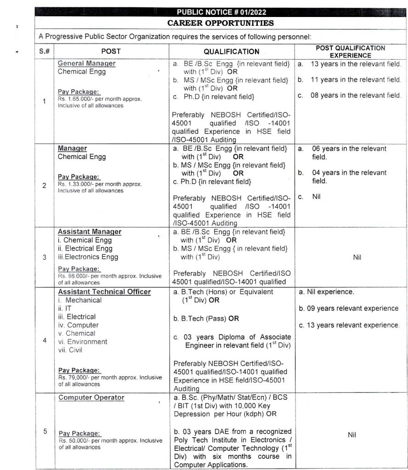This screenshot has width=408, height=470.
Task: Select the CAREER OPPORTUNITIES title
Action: pyautogui.click(x=220, y=23)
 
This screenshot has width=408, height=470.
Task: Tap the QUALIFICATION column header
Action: pyautogui.click(x=232, y=51)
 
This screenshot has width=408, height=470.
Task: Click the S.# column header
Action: pyautogui.click(x=45, y=51)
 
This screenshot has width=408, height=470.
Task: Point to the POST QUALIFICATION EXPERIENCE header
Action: pyautogui.click(x=351, y=51)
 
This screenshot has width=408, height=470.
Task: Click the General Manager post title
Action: pyautogui.click(x=86, y=63)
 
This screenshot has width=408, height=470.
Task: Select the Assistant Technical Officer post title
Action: pyautogui.click(x=104, y=292)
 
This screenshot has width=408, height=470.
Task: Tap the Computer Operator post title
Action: pyautogui.click(x=91, y=397)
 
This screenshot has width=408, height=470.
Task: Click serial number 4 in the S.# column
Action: pyautogui.click(x=44, y=341)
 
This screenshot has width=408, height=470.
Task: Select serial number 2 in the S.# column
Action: pyautogui.click(x=44, y=186)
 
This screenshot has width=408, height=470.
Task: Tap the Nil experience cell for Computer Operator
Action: pyautogui.click(x=352, y=435)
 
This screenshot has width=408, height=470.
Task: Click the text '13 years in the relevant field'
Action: pyautogui.click(x=356, y=64)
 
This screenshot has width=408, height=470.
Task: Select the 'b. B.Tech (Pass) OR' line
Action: pyautogui.click(x=206, y=318)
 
